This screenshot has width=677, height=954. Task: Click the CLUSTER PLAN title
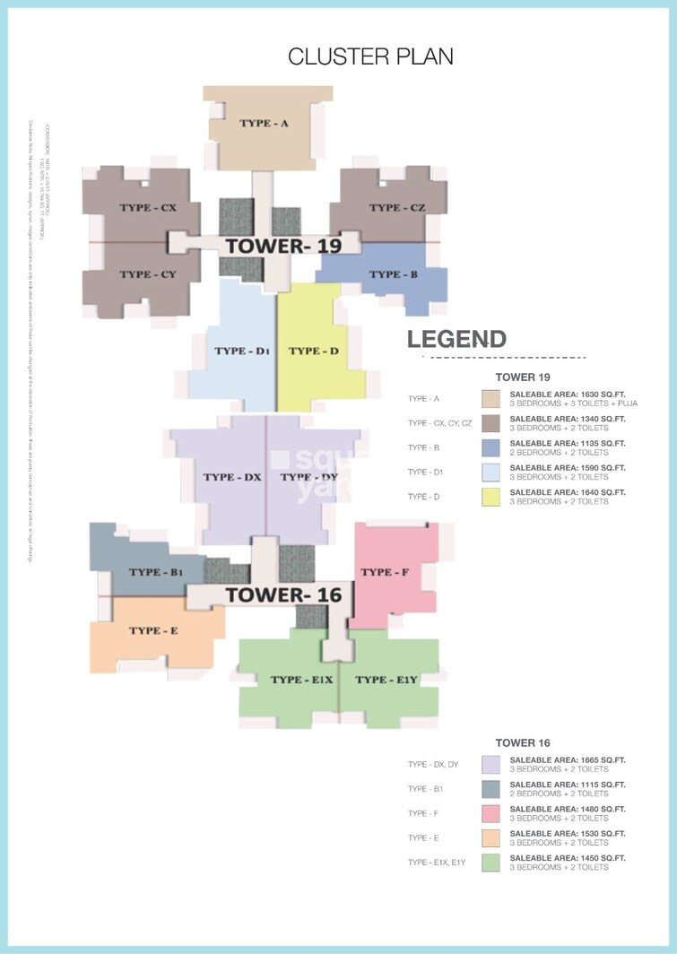pyautogui.click(x=370, y=56)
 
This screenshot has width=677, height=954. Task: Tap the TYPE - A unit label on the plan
pyautogui.click(x=264, y=124)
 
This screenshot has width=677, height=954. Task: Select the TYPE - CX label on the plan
pyautogui.click(x=148, y=208)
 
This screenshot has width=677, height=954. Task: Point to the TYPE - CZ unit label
pyautogui.click(x=396, y=208)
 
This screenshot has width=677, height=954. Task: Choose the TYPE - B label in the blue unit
pyautogui.click(x=394, y=274)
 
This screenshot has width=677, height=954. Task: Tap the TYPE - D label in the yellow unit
pyautogui.click(x=314, y=351)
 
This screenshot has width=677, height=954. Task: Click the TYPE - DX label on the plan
pyautogui.click(x=232, y=477)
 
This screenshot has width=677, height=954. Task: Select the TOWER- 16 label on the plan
pyautogui.click(x=277, y=594)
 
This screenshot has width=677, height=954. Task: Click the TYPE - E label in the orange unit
pyautogui.click(x=153, y=630)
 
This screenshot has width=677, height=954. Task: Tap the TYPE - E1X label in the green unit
pyautogui.click(x=302, y=680)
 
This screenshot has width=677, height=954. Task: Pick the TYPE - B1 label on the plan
pyautogui.click(x=156, y=572)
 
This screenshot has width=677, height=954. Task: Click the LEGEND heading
pyautogui.click(x=457, y=340)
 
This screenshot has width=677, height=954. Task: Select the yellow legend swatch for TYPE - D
pyautogui.click(x=490, y=497)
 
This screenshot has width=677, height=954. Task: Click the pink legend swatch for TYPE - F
pyautogui.click(x=490, y=813)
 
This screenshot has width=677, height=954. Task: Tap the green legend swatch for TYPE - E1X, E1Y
pyautogui.click(x=490, y=863)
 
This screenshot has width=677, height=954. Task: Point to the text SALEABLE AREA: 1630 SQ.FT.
pyautogui.click(x=568, y=395)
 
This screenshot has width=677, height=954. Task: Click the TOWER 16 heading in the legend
pyautogui.click(x=523, y=742)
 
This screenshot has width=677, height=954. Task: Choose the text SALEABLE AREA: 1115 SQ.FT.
pyautogui.click(x=568, y=785)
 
